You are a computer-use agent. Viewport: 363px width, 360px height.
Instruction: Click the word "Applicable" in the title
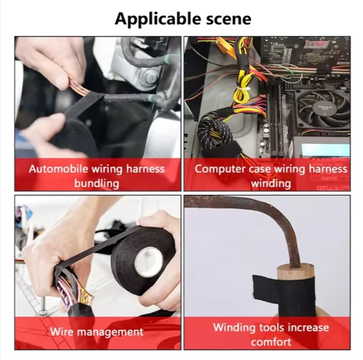pyautogui.click(x=158, y=19)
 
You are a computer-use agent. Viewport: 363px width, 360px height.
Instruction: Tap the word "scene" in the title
pyautogui.click(x=228, y=19)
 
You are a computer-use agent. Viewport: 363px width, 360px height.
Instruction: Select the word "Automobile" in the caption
pyautogui.click(x=59, y=169)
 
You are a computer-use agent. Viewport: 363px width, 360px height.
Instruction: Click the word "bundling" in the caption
pyautogui.click(x=97, y=184)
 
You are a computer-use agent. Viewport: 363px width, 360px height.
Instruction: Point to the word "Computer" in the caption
pyautogui.click(x=220, y=169)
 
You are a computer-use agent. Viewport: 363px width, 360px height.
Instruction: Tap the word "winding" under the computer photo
pyautogui.click(x=271, y=184)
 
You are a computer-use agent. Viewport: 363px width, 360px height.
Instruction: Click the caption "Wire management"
pyautogui.click(x=97, y=332)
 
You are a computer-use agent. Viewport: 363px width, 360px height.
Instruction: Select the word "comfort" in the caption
pyautogui.click(x=271, y=342)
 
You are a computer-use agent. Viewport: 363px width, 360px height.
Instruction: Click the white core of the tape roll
pyautogui.click(x=149, y=262)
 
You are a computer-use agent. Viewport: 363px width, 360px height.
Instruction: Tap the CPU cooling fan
pyautogui.click(x=324, y=109)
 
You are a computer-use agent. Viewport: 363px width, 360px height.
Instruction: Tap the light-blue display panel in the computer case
pyautogui.click(x=325, y=150)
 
